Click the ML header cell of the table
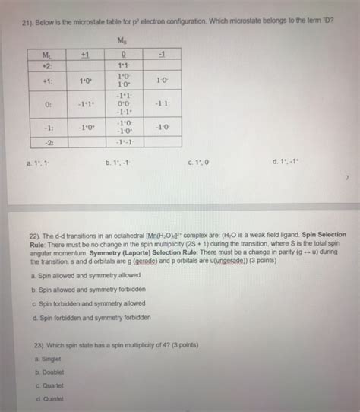coord(50,54)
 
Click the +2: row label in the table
coord(49,66)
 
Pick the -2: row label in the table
coord(49,141)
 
